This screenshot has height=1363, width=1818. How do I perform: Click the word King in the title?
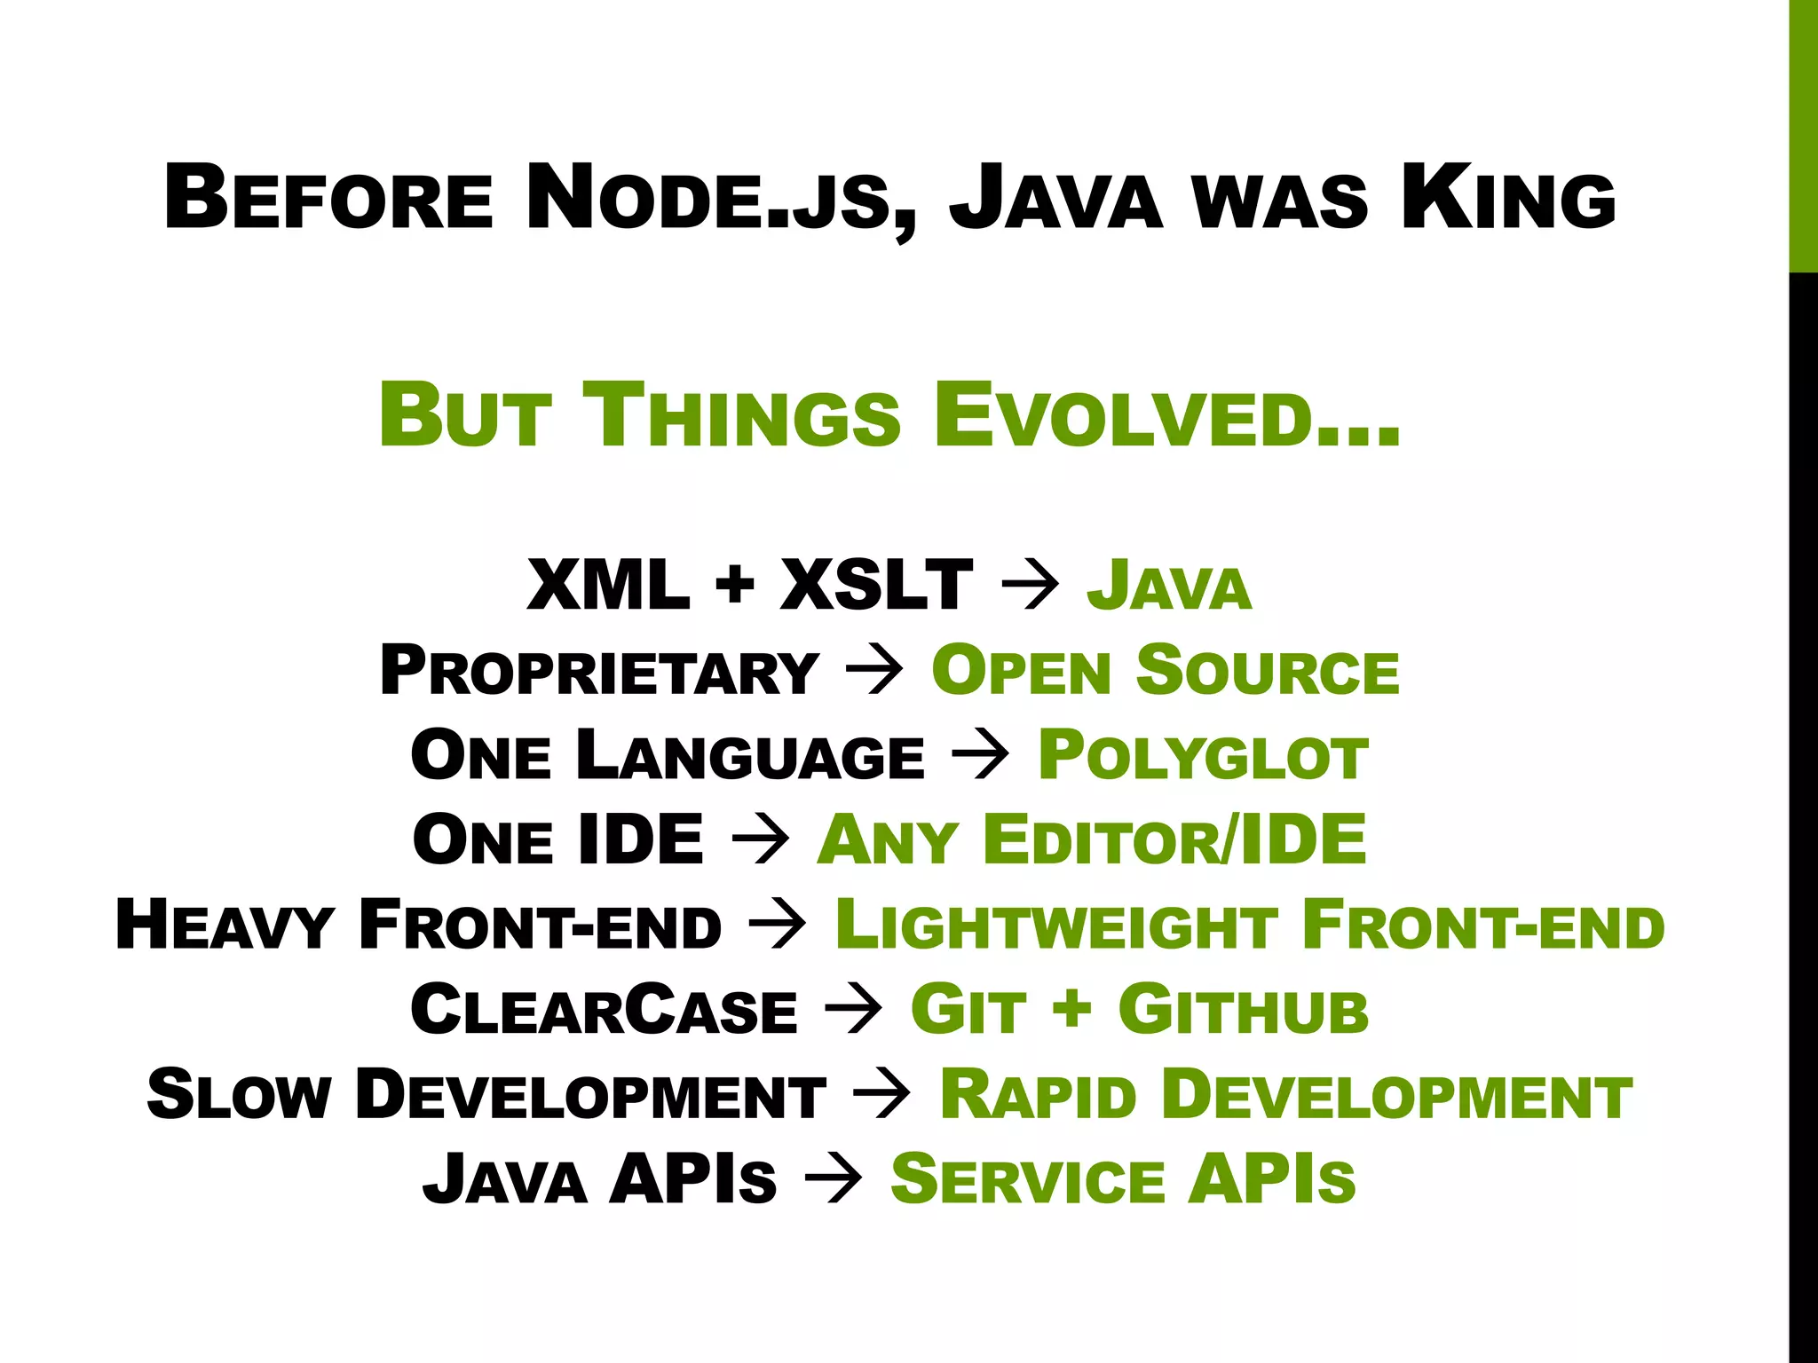click(1507, 198)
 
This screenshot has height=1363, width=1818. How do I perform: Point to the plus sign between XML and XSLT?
click(734, 587)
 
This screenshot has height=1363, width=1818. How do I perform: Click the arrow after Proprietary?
click(874, 671)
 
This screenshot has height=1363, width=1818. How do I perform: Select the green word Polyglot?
click(1203, 756)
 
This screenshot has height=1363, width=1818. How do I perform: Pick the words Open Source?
click(1165, 671)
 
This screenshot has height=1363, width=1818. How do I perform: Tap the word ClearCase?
click(604, 1011)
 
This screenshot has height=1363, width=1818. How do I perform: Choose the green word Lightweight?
click(1056, 926)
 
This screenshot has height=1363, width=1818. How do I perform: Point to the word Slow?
click(239, 1095)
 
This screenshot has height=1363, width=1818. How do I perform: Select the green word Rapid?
click(1038, 1095)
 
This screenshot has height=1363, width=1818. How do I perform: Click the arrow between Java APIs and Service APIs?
click(833, 1181)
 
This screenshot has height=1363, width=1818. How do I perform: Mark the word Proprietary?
click(599, 671)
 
